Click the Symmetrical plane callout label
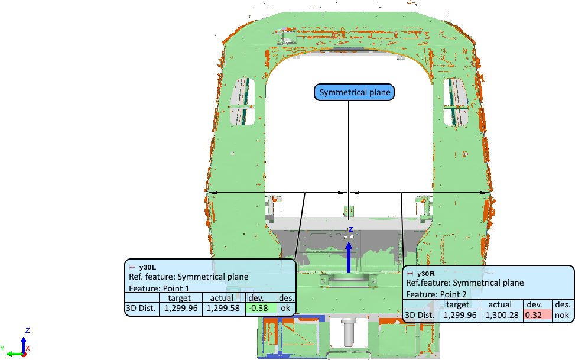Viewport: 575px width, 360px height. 353,93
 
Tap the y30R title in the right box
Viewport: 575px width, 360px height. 425,274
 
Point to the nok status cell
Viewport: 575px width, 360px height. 562,315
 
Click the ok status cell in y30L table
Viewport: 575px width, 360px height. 285,308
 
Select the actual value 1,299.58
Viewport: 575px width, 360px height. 223,308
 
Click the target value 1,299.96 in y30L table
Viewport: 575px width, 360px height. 180,308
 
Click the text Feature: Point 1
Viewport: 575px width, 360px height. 156,288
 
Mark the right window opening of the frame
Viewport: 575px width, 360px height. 456,100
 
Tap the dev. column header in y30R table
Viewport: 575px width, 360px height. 535,304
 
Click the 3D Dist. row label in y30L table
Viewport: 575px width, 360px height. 142,308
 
